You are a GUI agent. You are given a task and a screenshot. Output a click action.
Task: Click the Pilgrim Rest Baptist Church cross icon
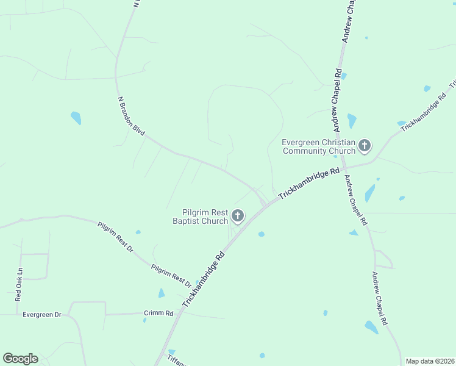238,215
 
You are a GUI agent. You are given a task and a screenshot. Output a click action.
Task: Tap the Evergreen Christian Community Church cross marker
365,145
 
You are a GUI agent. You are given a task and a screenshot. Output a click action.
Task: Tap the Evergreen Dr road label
42,315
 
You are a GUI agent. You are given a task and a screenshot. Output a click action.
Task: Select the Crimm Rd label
159,313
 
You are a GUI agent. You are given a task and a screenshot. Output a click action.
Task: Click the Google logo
20,359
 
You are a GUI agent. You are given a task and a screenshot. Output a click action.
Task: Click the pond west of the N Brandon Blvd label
76,117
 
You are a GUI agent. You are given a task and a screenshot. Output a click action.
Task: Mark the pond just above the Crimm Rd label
161,293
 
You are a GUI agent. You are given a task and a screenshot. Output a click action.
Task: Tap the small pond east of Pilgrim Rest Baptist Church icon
261,234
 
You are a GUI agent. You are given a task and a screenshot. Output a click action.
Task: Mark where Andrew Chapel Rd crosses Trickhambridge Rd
343,166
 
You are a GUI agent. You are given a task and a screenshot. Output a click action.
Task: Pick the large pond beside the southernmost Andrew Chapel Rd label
371,327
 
